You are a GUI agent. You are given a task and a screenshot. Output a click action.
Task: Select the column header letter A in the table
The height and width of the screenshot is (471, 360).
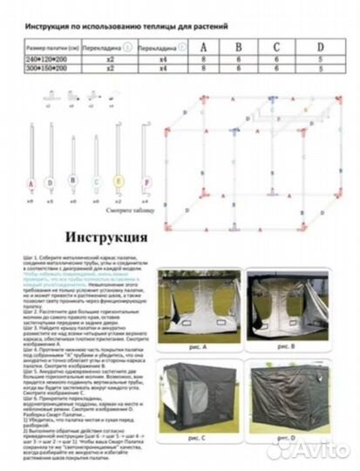[203, 46]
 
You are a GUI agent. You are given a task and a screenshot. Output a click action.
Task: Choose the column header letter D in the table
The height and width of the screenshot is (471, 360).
[320, 46]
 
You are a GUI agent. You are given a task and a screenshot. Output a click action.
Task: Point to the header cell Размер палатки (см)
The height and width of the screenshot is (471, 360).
[48, 48]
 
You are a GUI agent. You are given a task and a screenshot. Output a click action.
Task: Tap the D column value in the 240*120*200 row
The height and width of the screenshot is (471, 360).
[320, 58]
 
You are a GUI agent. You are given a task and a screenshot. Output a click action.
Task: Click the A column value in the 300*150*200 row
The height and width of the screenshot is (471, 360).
[203, 67]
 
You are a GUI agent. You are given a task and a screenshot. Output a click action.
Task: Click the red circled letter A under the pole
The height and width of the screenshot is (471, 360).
[31, 184]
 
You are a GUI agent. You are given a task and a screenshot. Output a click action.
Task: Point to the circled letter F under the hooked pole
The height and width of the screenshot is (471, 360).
[145, 184]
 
